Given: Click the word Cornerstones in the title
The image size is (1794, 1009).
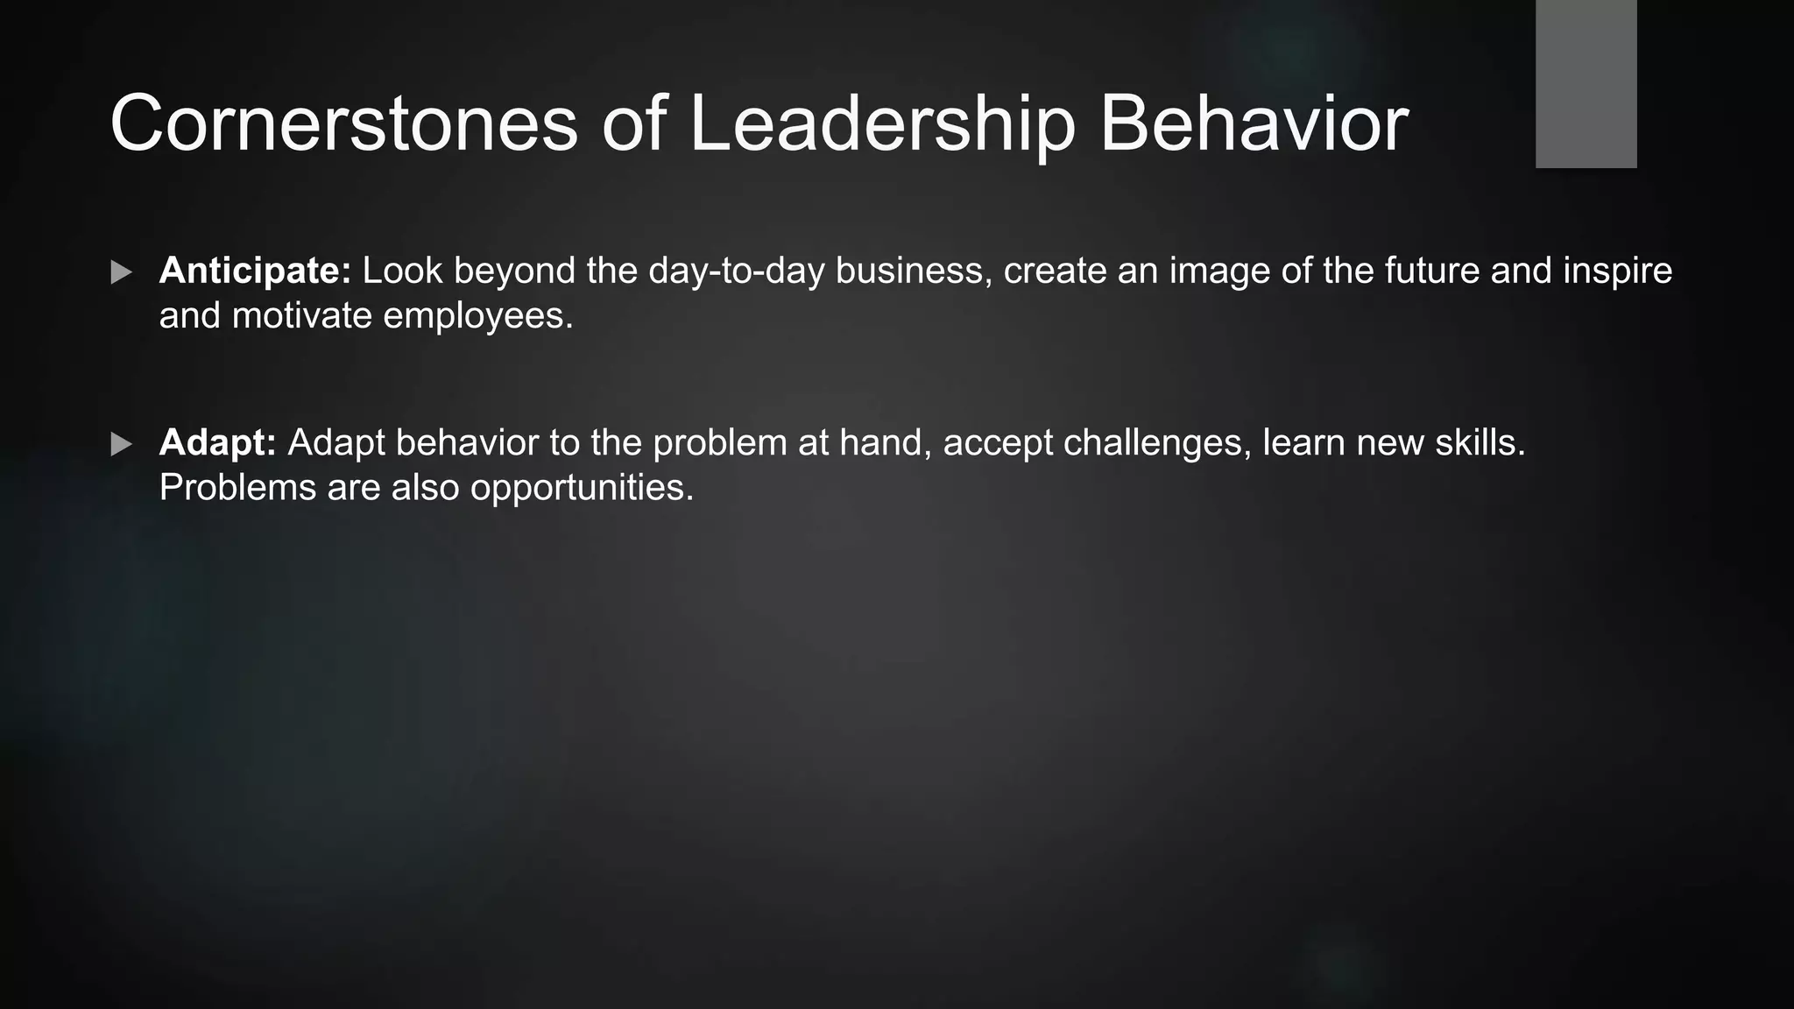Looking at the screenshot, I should tap(343, 123).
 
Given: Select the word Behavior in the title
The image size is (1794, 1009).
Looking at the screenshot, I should tap(1254, 123).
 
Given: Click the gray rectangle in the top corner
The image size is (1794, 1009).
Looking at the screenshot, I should tap(1586, 83).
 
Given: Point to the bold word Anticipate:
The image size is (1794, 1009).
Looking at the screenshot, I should tap(255, 271).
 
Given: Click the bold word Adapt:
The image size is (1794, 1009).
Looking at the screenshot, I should tap(217, 442).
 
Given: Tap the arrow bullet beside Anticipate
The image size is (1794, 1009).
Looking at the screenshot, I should tap(122, 272).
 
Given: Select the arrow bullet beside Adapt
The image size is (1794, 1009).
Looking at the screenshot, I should tap(122, 444).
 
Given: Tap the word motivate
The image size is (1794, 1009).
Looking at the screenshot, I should tap(302, 315).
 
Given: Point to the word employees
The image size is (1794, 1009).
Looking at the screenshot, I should tap(477, 317).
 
